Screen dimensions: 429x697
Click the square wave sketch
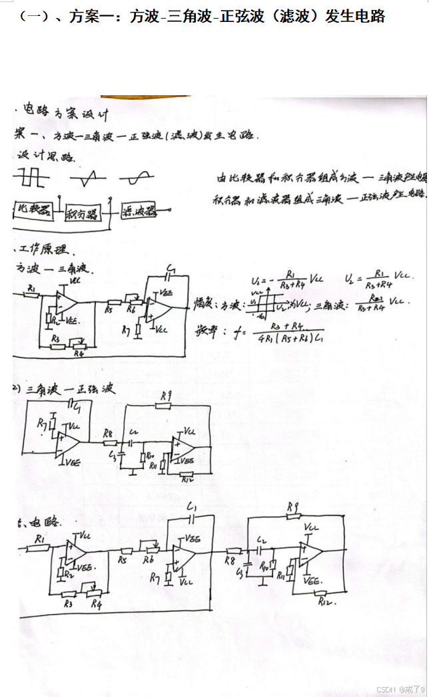coord(32,178)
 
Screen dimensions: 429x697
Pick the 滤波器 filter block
coord(138,211)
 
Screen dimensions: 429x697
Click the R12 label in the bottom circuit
coord(326,602)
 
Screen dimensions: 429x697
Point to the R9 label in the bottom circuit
coord(292,508)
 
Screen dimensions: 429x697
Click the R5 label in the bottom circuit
coord(122,560)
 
